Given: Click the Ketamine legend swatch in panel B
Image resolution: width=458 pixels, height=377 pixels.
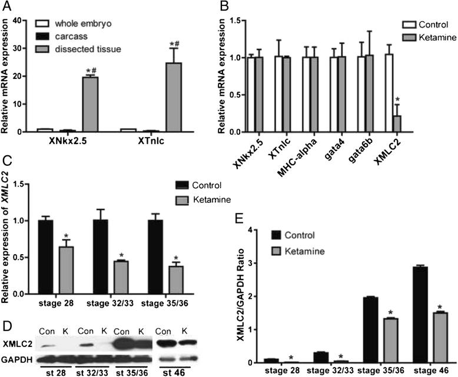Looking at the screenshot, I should [410, 38].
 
